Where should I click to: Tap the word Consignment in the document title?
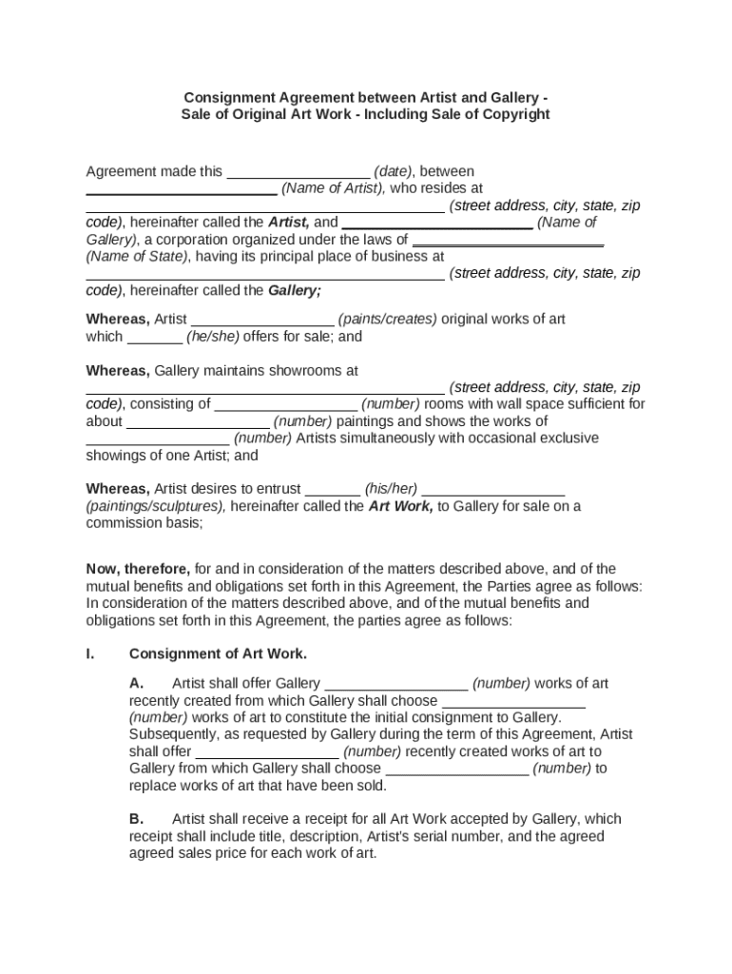click(228, 97)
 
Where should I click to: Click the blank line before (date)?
click(298, 173)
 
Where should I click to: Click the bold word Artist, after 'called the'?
click(288, 224)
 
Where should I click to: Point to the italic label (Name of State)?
click(137, 257)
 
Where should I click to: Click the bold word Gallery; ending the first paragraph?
click(295, 291)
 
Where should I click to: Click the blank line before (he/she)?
click(154, 338)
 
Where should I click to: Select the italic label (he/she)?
click(213, 337)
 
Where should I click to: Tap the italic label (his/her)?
click(391, 490)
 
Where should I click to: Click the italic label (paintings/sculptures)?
click(156, 507)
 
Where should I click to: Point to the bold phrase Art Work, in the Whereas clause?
click(400, 507)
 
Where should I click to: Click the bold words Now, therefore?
click(138, 570)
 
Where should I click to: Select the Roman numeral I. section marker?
click(91, 654)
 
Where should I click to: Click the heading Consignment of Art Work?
click(218, 654)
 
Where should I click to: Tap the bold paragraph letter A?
click(136, 684)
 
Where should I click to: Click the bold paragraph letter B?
click(136, 819)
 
